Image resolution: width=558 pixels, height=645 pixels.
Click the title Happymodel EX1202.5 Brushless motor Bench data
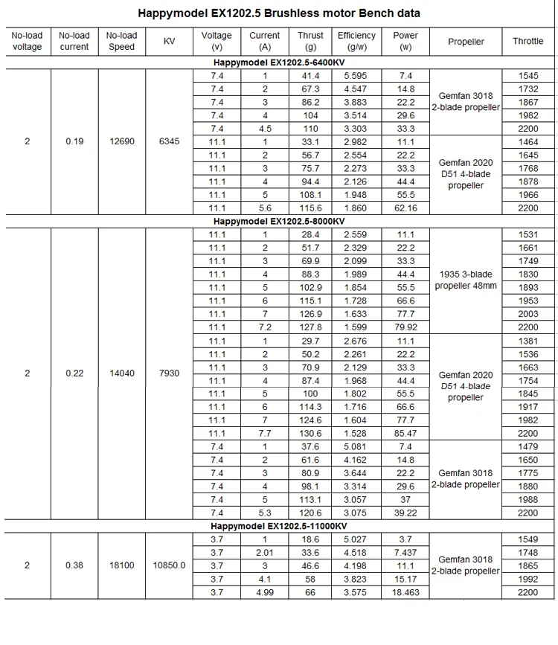coord(279,13)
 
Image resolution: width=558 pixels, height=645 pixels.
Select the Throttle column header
coord(527,41)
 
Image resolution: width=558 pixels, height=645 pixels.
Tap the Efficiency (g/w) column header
coord(356,41)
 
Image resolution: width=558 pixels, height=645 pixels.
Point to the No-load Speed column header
coord(121,41)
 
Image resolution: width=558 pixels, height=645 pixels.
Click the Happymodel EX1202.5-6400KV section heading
coord(279,63)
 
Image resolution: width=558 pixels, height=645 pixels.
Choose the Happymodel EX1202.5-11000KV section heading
coord(279,526)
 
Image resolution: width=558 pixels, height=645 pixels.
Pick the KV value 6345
coord(169,141)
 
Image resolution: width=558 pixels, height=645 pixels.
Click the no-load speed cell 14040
coord(122,373)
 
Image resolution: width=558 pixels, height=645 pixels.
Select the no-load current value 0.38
coord(74,565)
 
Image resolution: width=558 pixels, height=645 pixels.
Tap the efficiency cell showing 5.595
coord(355,76)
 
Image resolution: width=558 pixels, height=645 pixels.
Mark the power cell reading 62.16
coord(405,208)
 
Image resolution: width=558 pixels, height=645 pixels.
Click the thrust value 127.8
coord(310,327)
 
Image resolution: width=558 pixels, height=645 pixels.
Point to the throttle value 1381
coord(527,341)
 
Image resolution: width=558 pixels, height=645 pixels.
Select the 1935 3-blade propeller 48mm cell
coord(466,280)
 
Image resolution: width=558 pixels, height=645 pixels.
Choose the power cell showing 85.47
coord(405,433)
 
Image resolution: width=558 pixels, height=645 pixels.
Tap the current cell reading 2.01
coord(264,552)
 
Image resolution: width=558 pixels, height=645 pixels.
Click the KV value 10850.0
coord(169,565)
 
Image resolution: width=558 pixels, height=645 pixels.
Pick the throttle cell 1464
coord(527,141)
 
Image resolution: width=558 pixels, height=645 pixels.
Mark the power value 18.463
coord(405,592)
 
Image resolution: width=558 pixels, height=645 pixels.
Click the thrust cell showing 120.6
coord(310,513)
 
